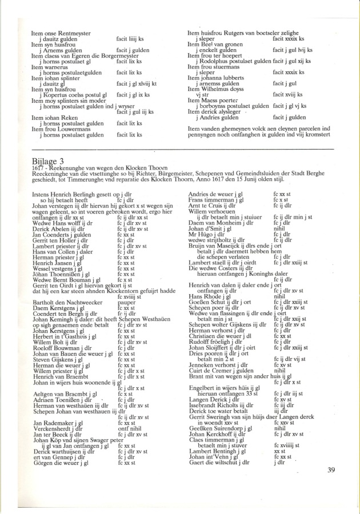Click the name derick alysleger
pyautogui.click(x=213, y=111)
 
